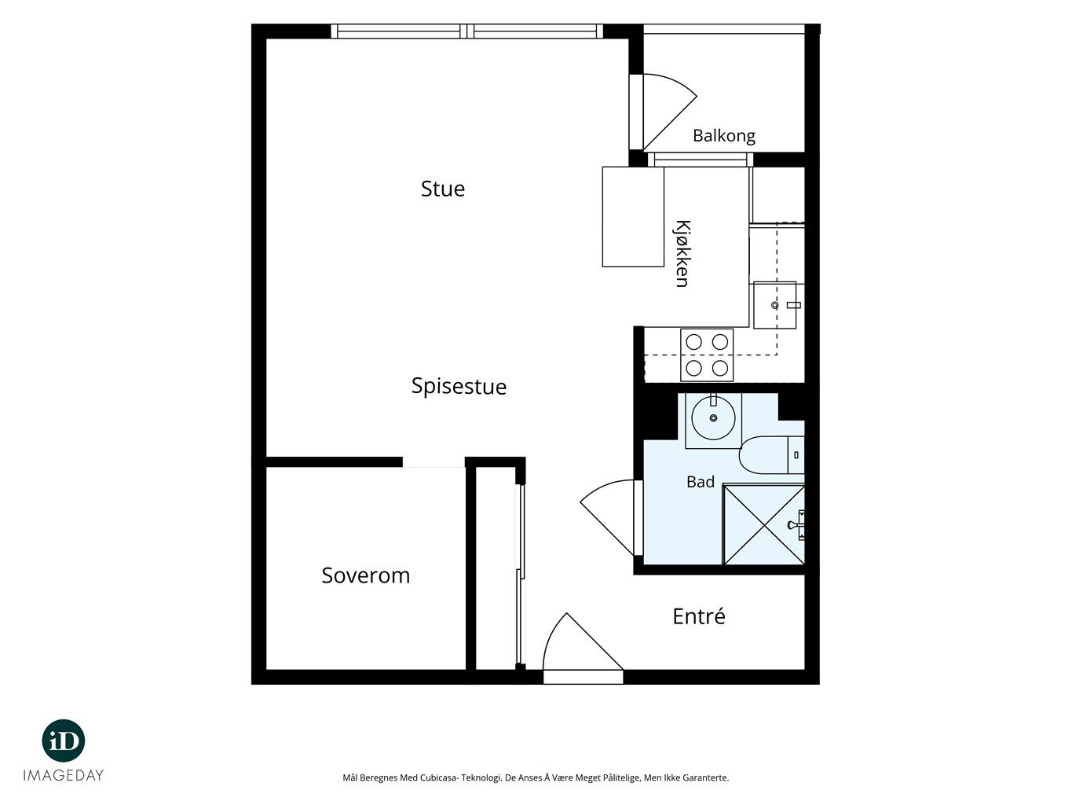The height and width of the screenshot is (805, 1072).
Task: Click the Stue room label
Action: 442,189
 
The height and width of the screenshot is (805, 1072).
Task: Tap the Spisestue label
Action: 459,387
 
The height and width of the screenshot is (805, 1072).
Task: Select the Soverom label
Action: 365,575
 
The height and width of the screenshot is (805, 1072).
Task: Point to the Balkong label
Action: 724,136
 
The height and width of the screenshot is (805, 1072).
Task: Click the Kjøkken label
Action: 682,254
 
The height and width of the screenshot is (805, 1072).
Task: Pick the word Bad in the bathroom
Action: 701,482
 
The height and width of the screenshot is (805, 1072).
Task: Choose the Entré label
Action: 699,616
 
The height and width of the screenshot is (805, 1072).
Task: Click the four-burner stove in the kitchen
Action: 707,355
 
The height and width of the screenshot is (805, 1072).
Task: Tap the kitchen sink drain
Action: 774,306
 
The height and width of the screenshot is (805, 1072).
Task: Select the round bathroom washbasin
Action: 713,418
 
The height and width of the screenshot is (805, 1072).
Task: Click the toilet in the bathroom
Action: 772,455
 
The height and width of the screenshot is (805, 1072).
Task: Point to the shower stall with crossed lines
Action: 763,524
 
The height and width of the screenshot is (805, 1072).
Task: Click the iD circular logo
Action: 64,741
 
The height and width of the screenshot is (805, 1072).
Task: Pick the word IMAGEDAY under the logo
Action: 64,775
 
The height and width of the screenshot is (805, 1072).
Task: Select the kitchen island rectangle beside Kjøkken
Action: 633,217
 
